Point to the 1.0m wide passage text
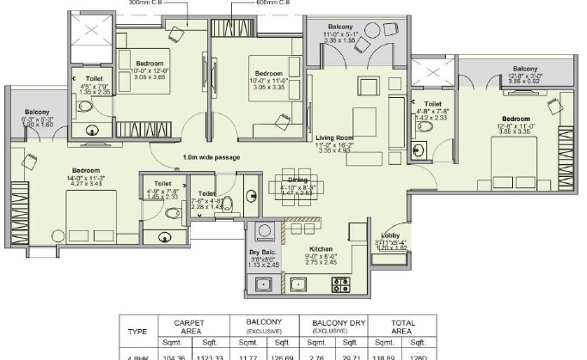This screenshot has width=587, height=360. [211, 157]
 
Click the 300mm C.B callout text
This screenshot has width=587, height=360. [149, 3]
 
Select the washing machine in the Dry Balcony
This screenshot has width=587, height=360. [264, 230]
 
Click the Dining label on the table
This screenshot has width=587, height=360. [286, 180]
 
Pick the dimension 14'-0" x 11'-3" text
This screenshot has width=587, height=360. [86, 177]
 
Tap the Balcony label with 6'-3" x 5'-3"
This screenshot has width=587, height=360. [37, 113]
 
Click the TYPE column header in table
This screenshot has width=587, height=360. [137, 329]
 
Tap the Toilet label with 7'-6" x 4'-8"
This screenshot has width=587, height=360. [206, 193]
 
